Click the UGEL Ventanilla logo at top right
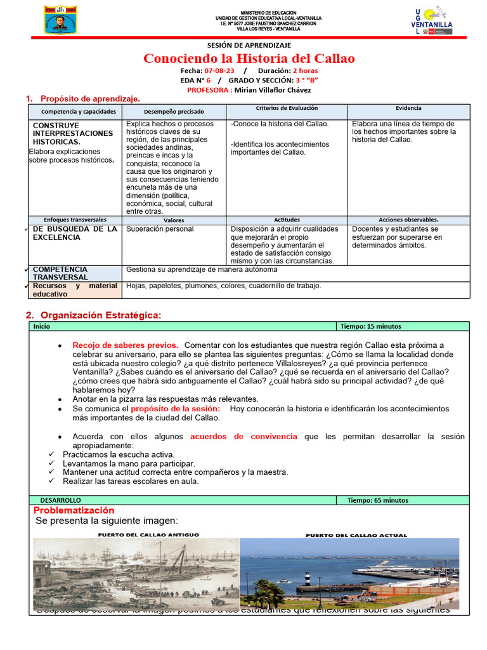point(432,20)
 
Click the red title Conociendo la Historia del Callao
point(249,59)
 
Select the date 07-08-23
point(219,71)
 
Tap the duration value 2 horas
point(306,71)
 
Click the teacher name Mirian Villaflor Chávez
point(273,90)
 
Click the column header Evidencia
point(408,109)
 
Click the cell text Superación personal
point(160,229)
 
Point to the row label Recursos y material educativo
point(75,290)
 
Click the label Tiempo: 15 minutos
point(370,326)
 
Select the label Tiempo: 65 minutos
point(377,500)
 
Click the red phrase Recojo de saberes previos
point(125,345)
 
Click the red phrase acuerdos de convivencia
point(243,437)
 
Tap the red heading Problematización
point(74,510)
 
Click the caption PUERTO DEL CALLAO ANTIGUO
point(148,535)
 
